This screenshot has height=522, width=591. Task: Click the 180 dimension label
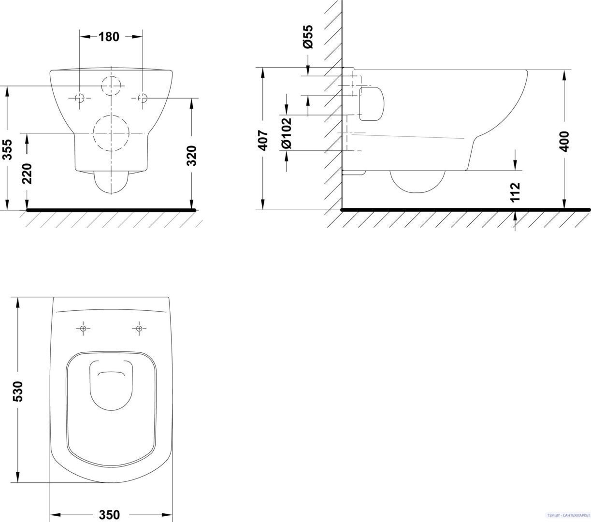pyautogui.click(x=109, y=37)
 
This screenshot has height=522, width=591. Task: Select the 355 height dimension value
pyautogui.click(x=8, y=149)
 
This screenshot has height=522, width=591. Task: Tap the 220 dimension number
pyautogui.click(x=28, y=174)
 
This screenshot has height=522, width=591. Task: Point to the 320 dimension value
pyautogui.click(x=192, y=156)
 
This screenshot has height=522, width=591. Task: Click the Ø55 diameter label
pyautogui.click(x=308, y=37)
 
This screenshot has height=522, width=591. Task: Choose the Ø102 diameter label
pyautogui.click(x=287, y=133)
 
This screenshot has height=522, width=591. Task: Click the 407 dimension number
pyautogui.click(x=263, y=141)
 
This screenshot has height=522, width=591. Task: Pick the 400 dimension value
pyautogui.click(x=565, y=142)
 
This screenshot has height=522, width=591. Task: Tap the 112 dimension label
pyautogui.click(x=516, y=192)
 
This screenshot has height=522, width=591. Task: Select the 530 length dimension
pyautogui.click(x=18, y=391)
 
